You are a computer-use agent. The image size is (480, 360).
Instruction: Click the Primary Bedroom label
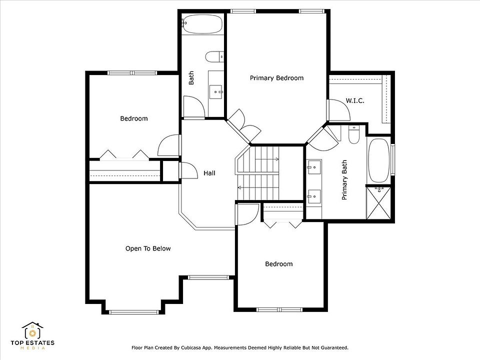tap(276, 78)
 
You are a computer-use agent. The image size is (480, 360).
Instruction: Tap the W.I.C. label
tap(355, 100)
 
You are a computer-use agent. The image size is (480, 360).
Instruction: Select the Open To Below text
tap(148, 248)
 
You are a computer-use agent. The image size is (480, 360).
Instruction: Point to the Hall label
tap(209, 173)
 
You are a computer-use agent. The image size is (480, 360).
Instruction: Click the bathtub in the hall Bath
tap(202, 24)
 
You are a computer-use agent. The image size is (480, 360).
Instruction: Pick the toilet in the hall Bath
tap(214, 57)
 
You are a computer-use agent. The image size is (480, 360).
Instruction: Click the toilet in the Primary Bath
tap(354, 134)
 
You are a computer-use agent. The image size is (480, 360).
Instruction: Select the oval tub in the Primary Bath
tap(378, 160)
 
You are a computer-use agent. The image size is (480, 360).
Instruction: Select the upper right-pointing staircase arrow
tap(267, 159)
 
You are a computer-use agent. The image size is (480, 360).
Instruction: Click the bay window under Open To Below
tap(134, 312)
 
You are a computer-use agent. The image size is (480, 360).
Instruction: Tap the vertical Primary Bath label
tap(344, 180)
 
